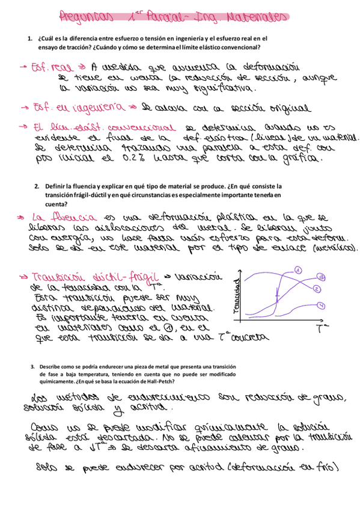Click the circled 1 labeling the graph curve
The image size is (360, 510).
point(297,271)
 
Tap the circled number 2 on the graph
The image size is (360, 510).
point(316,290)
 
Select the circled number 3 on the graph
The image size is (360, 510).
point(322,277)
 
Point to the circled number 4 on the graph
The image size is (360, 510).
point(322,306)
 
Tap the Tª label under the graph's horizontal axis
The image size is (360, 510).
point(321,328)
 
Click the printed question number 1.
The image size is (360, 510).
point(29,38)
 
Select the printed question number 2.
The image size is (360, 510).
point(37,186)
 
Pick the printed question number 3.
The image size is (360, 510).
point(32,367)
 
